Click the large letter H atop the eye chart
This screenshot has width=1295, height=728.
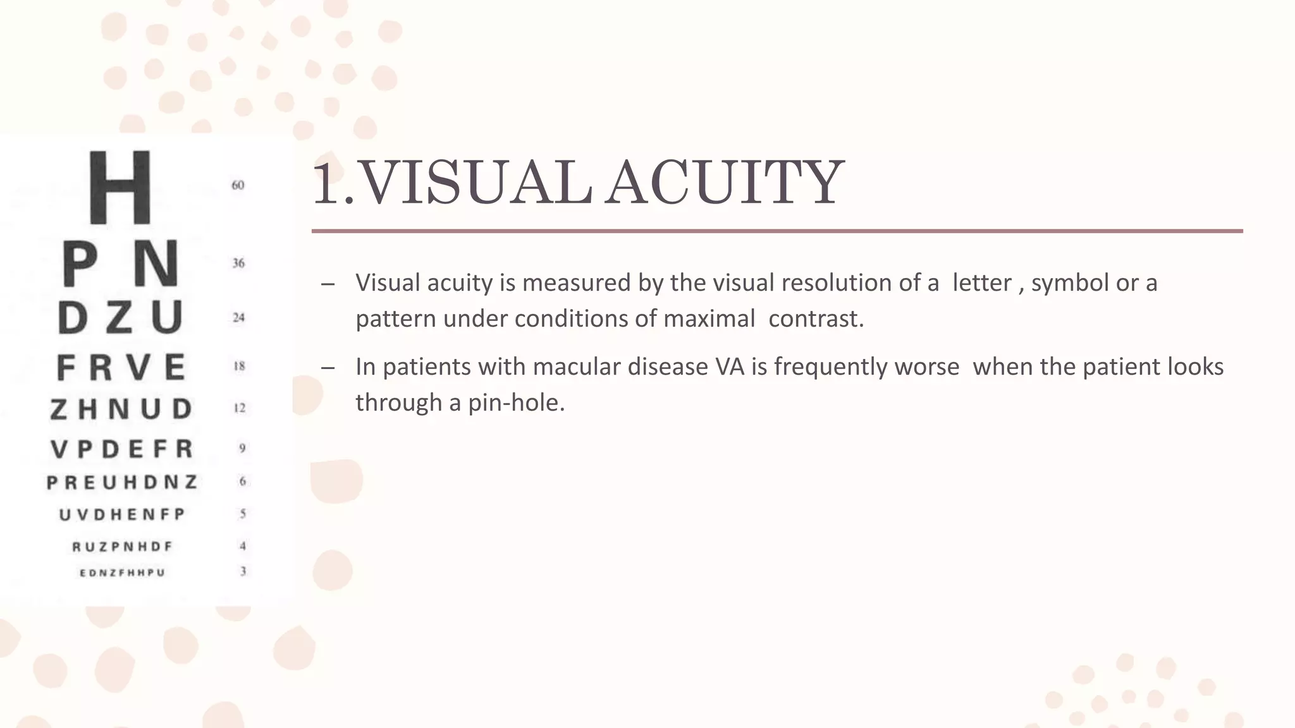click(120, 188)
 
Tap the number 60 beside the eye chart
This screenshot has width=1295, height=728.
click(238, 185)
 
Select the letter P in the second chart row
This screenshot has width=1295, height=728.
click(80, 264)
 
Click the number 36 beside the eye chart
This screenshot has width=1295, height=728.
click(238, 263)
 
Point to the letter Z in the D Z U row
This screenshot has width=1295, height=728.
click(119, 317)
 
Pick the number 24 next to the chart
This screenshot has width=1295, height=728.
click(238, 317)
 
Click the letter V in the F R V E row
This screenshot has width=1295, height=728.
click(138, 367)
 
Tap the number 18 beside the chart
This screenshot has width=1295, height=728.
click(239, 367)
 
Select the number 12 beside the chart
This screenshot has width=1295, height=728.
click(240, 408)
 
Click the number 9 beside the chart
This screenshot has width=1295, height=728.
click(242, 448)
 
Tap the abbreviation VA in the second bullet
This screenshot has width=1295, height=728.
click(730, 367)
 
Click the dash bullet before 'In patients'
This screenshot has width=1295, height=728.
click(328, 368)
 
